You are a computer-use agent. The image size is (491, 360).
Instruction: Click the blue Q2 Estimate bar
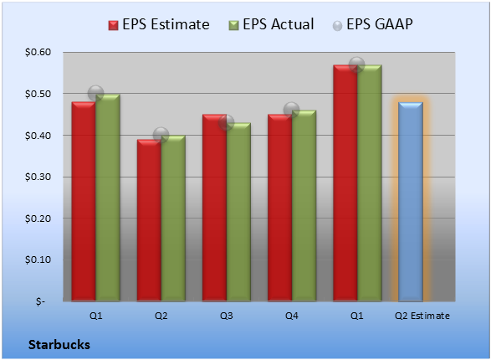coord(411,202)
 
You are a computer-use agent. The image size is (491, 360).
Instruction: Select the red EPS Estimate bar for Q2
coord(149,220)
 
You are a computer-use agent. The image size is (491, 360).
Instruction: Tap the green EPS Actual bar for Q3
coord(238,212)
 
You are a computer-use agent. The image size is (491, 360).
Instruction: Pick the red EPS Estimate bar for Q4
coord(279,208)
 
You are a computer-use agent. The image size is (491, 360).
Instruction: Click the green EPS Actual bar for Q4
coord(304,206)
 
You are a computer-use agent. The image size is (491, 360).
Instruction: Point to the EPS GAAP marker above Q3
coord(226,122)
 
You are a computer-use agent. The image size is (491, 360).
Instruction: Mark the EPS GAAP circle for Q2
coord(161,135)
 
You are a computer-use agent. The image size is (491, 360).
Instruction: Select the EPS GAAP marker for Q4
coord(292,110)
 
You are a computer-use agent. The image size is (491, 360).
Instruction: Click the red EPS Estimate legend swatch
coord(113,25)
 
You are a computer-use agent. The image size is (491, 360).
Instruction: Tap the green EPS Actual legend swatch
coord(233,25)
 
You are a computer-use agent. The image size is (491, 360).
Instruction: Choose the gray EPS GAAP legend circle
coord(337,26)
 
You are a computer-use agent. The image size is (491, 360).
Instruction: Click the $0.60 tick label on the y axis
coord(38,52)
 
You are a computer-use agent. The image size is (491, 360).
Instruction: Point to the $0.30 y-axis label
coord(38,177)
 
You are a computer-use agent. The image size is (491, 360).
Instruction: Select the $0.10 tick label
coord(38,260)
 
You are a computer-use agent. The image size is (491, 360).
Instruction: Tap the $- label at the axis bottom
coord(40,301)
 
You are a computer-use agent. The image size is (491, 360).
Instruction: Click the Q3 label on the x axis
coord(226,316)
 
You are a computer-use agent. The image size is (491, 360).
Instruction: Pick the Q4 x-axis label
coord(292,316)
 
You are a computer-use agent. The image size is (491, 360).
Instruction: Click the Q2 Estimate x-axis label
coord(422,316)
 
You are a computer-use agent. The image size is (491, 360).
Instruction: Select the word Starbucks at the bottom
coord(59,345)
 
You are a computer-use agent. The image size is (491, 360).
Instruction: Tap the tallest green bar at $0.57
coord(370,183)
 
